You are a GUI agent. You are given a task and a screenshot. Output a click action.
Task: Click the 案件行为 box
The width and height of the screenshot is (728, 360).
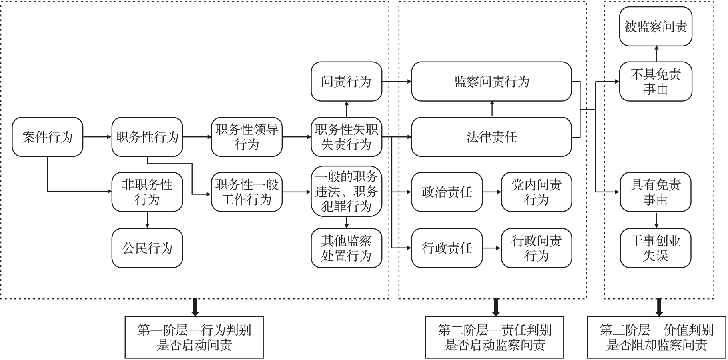pyautogui.click(x=47, y=137)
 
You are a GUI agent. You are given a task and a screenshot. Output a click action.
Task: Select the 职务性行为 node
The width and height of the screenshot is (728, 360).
pyautogui.click(x=147, y=137)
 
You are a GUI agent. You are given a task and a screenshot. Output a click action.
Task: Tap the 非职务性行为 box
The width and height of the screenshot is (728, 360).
pyautogui.click(x=147, y=192)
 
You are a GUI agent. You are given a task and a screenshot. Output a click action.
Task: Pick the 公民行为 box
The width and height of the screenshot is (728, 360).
pyautogui.click(x=147, y=248)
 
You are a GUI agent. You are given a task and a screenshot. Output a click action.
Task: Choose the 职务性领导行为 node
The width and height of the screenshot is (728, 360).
pyautogui.click(x=247, y=137)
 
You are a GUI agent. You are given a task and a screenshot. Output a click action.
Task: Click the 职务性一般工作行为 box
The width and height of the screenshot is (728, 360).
pyautogui.click(x=247, y=192)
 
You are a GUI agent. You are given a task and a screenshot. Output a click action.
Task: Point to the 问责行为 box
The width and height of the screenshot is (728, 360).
pyautogui.click(x=347, y=82)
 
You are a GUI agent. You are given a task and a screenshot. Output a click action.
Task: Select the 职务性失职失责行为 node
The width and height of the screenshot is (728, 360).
pyautogui.click(x=347, y=137)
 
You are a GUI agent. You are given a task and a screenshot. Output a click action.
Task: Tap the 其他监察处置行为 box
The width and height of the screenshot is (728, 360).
pyautogui.click(x=347, y=248)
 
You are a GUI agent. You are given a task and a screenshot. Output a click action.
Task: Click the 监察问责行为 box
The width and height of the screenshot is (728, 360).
pyautogui.click(x=491, y=82)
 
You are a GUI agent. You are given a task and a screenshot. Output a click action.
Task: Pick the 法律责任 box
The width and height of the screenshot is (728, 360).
pyautogui.click(x=491, y=137)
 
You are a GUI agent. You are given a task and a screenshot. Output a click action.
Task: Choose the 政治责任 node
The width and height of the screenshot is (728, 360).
pyautogui.click(x=447, y=192)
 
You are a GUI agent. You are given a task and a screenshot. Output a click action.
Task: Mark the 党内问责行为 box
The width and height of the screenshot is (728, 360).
pyautogui.click(x=536, y=192)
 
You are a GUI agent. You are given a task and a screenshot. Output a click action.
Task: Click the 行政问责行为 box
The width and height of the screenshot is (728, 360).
pyautogui.click(x=536, y=248)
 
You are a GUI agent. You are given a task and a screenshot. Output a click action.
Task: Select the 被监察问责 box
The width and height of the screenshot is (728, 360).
pyautogui.click(x=656, y=26)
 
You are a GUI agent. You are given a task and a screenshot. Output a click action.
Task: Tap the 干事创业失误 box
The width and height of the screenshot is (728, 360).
pyautogui.click(x=656, y=248)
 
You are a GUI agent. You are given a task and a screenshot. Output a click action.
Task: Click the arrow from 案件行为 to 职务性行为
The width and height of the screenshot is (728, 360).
pyautogui.click(x=97, y=137)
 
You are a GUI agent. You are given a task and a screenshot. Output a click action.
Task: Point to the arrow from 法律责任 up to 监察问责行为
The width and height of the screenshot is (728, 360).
pyautogui.click(x=492, y=109)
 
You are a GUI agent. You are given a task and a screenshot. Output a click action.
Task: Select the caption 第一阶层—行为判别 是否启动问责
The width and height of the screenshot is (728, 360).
pyautogui.click(x=194, y=337)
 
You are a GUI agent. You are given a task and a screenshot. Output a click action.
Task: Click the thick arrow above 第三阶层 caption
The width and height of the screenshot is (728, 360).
pyautogui.click(x=659, y=307)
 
